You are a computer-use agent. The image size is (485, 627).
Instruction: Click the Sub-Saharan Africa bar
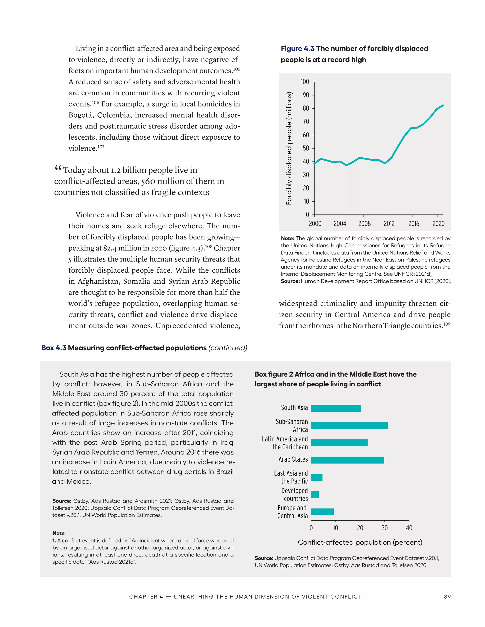(x=349, y=425)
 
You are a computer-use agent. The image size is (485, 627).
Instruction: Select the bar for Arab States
(x=347, y=460)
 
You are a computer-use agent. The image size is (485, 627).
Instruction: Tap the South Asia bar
(x=336, y=408)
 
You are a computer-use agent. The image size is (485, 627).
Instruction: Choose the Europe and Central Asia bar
(x=322, y=512)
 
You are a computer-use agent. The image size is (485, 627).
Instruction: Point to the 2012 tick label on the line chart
(x=389, y=224)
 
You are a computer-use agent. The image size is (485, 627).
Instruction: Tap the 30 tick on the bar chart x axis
(x=384, y=528)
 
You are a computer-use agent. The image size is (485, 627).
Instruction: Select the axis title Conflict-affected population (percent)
(x=360, y=542)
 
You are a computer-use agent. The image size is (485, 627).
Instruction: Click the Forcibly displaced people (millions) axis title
(x=289, y=148)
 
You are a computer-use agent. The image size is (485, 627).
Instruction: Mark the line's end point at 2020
(x=443, y=105)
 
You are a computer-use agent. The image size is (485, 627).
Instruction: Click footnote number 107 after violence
(x=101, y=147)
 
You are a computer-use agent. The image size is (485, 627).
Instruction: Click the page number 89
(x=447, y=596)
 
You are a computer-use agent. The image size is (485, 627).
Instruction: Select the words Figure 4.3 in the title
(x=297, y=49)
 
